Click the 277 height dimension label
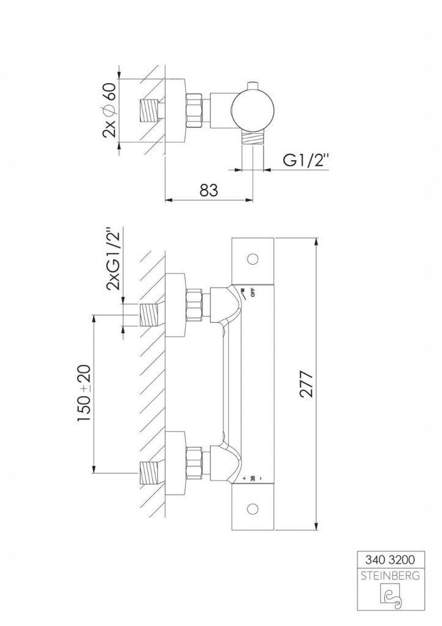pyautogui.click(x=307, y=384)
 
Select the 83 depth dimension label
pyautogui.click(x=209, y=190)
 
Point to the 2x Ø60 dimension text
pyautogui.click(x=109, y=110)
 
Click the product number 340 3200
pyautogui.click(x=390, y=559)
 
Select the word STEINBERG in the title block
pyautogui.click(x=390, y=576)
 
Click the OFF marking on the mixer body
pyautogui.click(x=252, y=292)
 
